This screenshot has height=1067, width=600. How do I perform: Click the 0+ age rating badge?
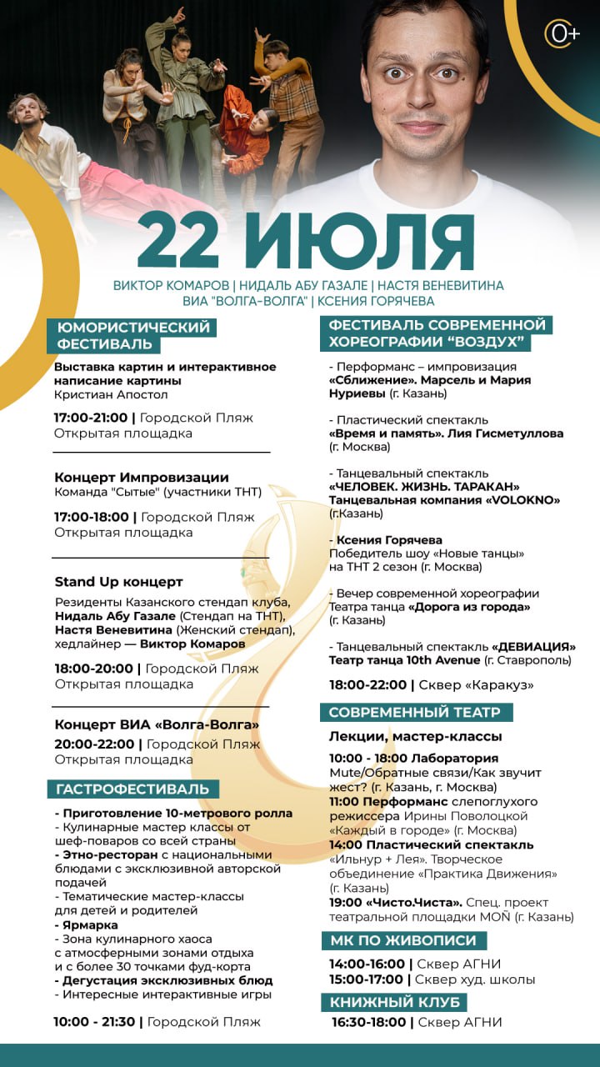point(562,33)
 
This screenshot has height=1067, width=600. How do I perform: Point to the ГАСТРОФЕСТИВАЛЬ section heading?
point(132,789)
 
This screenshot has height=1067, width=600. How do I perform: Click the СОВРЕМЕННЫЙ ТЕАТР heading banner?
point(415,712)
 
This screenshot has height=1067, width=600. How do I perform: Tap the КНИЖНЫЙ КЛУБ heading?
point(393,1001)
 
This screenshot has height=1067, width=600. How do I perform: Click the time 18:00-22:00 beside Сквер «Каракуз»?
point(366,685)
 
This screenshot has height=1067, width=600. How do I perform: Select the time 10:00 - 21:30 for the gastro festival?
point(92,1021)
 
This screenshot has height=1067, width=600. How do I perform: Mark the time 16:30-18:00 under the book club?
point(368,1022)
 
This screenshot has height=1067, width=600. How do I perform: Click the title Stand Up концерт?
point(118,582)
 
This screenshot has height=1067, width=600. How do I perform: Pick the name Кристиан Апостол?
point(111,394)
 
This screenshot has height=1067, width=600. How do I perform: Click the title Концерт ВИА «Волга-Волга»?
point(157,724)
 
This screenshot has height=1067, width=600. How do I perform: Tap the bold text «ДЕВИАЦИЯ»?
point(533,646)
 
